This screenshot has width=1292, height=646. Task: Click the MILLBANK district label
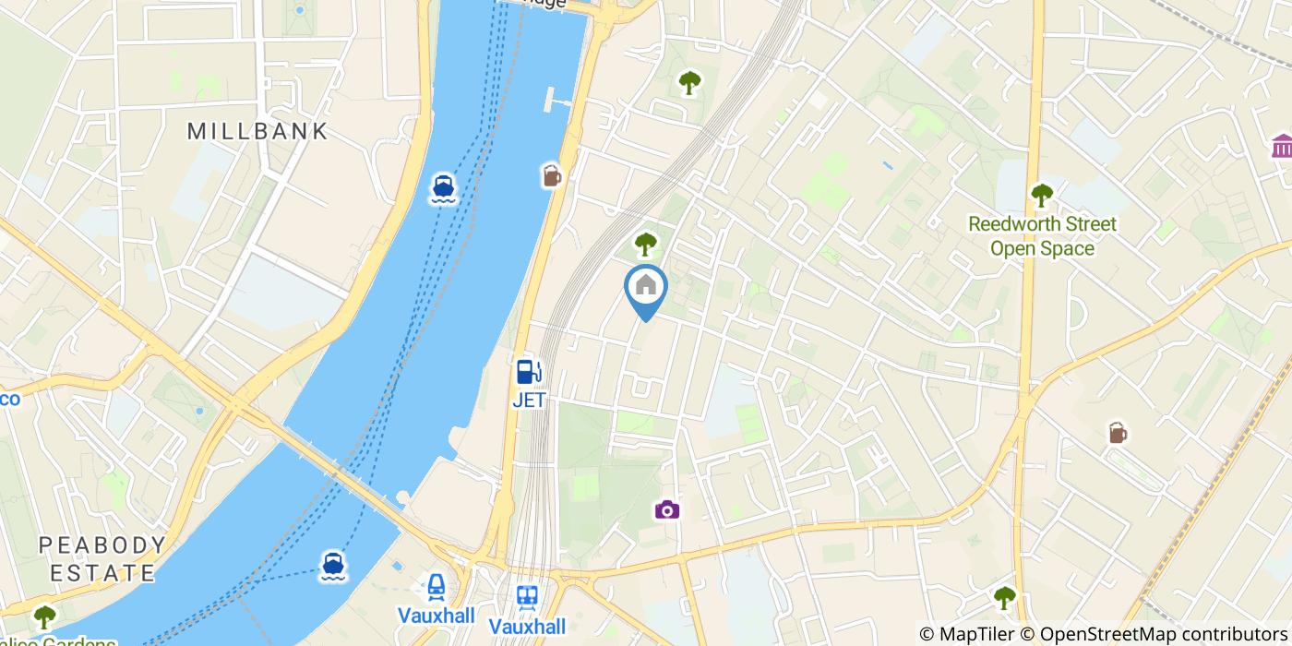click(x=257, y=131)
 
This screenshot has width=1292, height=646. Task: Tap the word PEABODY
click(x=102, y=545)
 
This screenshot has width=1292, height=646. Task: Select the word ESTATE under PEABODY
click(x=102, y=572)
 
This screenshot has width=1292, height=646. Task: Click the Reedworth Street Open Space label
click(x=1041, y=236)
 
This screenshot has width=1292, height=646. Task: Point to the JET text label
click(x=529, y=401)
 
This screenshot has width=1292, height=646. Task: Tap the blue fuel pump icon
click(x=528, y=372)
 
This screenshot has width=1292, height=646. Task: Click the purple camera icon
click(x=667, y=509)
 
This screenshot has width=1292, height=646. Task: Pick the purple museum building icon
click(x=1282, y=146)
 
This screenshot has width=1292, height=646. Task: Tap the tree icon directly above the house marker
click(x=645, y=245)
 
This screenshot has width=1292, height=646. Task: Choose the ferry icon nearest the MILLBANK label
click(x=443, y=188)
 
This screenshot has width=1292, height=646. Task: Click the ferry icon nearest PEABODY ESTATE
click(x=333, y=566)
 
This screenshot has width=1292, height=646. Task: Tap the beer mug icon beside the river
click(x=552, y=174)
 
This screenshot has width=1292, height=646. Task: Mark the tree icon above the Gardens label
click(x=44, y=616)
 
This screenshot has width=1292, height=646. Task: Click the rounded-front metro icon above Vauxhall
click(x=436, y=587)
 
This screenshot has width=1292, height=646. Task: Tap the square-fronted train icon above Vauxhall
click(x=527, y=598)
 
